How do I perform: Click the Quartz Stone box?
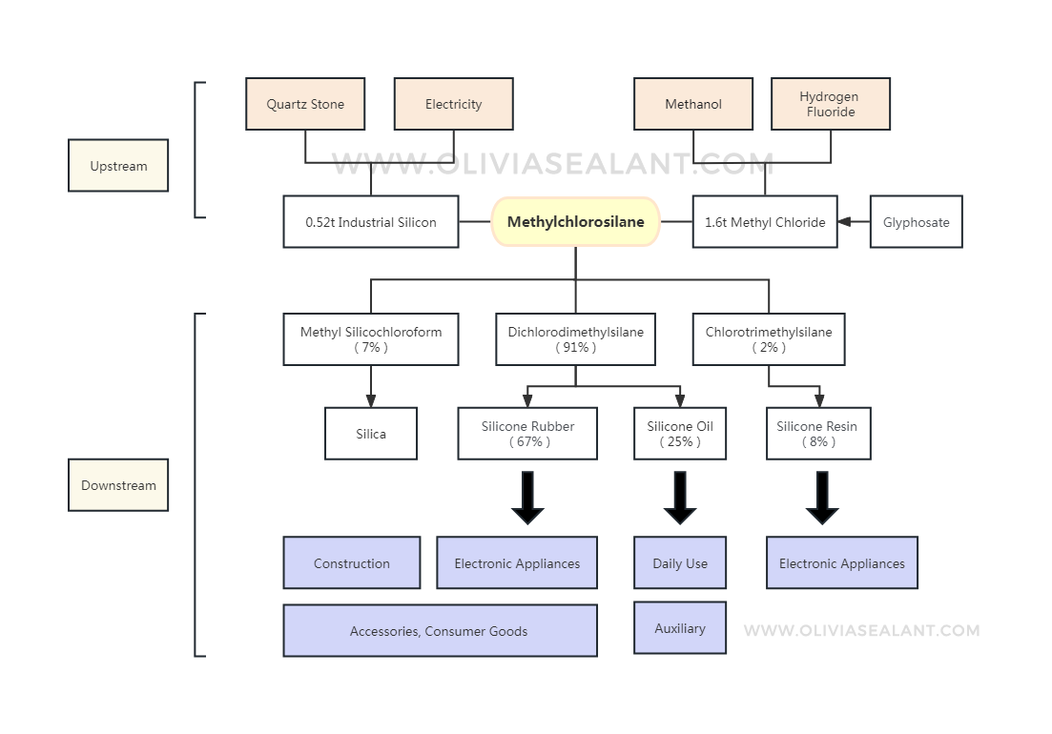[x=305, y=104]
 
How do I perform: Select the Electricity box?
[x=453, y=104]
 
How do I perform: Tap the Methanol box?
[x=693, y=104]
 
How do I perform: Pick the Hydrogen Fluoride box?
[x=830, y=104]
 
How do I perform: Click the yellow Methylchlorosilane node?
[x=575, y=222]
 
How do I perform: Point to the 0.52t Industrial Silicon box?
[x=371, y=222]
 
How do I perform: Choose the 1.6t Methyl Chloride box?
[x=765, y=222]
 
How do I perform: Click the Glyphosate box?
[x=916, y=222]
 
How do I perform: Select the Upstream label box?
[x=118, y=166]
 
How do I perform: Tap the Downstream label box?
[x=118, y=485]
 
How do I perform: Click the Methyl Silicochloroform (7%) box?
[x=371, y=339]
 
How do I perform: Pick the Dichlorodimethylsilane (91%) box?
[x=575, y=339]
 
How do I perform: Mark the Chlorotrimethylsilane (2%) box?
[x=769, y=339]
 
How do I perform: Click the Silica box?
[x=371, y=434]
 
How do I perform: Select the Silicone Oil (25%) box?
[x=680, y=434]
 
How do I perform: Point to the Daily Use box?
[x=680, y=563]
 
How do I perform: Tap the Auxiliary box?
[x=680, y=628]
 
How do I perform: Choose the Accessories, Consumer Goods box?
[x=440, y=631]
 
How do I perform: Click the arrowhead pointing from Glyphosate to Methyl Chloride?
[x=844, y=222]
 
